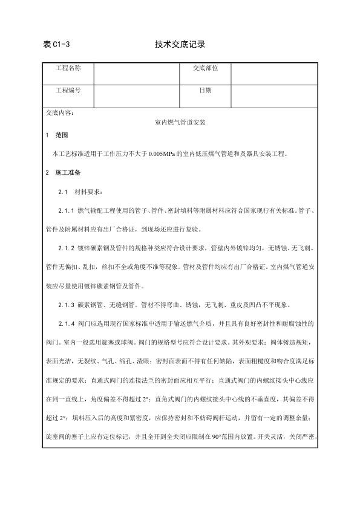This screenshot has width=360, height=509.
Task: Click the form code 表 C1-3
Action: pos(57,44)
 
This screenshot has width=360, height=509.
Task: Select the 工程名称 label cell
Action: pos(68,68)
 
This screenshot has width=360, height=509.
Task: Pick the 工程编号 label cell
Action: pos(68,90)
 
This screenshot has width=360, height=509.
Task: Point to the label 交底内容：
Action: pos(59,112)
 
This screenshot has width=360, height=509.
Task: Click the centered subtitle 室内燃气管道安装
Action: pos(181,123)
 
